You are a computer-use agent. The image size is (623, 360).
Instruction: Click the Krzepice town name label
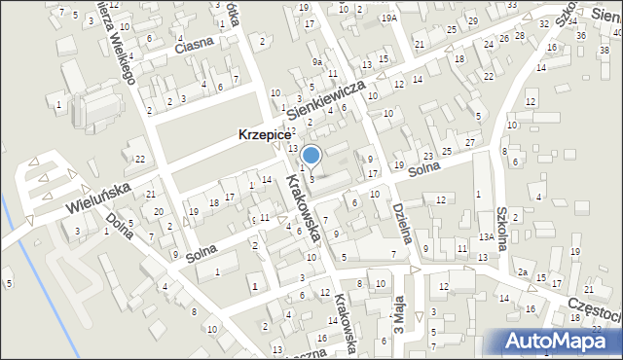click(258, 137)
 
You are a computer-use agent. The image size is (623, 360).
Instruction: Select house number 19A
click(389, 18)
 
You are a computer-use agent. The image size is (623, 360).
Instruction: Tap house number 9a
click(317, 61)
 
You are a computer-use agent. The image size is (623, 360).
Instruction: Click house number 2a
click(523, 270)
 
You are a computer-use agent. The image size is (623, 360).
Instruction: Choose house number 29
click(472, 20)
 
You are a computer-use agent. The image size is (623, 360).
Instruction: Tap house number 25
click(446, 151)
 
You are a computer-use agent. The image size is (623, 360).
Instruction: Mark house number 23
click(428, 157)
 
